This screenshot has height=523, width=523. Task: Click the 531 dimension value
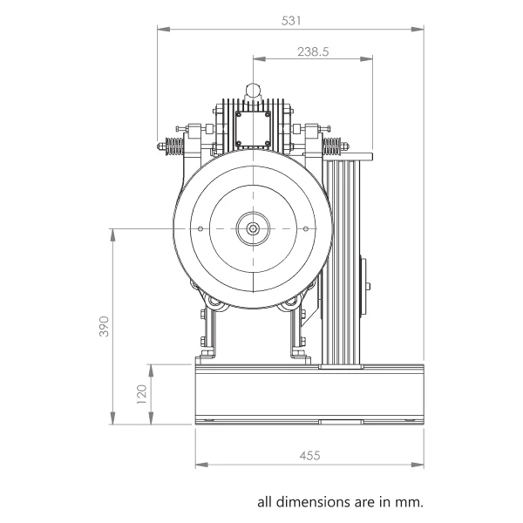click(x=291, y=21)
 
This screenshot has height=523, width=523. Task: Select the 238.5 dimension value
click(x=313, y=51)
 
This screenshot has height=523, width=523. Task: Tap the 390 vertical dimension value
click(x=105, y=326)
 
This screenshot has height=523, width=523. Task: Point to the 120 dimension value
click(x=142, y=394)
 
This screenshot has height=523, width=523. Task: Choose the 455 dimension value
click(x=309, y=455)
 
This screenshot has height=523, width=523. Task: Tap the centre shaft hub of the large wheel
click(x=253, y=228)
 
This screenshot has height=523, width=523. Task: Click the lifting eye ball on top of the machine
click(x=253, y=90)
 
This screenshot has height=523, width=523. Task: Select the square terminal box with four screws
click(x=253, y=129)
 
